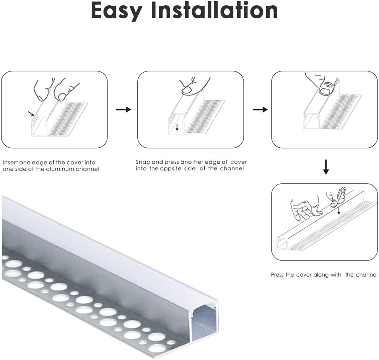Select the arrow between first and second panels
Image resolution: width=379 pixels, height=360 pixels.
tap(123, 110)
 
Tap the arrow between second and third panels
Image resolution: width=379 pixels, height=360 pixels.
tap(260, 110)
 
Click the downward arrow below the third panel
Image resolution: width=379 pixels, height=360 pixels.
tap(325, 167)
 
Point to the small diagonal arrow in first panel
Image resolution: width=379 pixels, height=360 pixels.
tap(31, 113)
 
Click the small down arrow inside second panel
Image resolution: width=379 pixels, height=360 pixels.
tap(177, 127)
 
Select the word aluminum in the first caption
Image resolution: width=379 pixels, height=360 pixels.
tap(60, 169)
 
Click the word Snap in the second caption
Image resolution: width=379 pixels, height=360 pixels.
tap(142, 162)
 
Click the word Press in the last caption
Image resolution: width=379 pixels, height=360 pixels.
tap(278, 275)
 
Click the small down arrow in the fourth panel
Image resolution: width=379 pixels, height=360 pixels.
tap(338, 210)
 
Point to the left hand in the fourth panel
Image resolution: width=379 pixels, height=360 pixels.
tap(304, 209)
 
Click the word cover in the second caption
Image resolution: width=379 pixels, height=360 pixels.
tap(238, 162)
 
